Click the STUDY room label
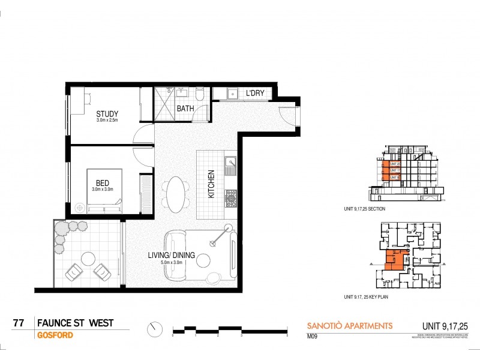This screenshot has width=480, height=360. click(x=107, y=113)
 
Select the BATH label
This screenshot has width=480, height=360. click(x=185, y=109)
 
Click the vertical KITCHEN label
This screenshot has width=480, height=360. click(x=211, y=184)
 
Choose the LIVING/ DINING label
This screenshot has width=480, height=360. click(x=172, y=255)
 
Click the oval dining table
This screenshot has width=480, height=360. click(x=176, y=194)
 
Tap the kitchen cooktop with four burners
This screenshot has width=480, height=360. click(x=230, y=196)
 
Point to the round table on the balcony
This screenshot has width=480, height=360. click(x=88, y=259)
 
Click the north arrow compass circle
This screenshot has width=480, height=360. click(x=155, y=329)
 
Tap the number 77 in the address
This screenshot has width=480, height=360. click(x=19, y=323)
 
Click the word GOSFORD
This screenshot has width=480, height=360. click(x=55, y=335)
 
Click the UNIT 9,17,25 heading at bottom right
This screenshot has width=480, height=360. click(x=443, y=326)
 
